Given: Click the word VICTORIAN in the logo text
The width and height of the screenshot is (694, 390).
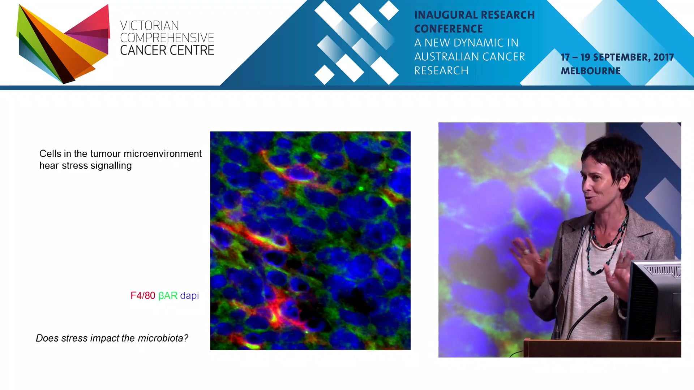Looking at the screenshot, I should pos(149,26).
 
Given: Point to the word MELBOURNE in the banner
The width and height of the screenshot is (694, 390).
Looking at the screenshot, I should pos(590,71).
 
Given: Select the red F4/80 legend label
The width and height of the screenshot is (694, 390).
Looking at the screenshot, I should pos(143,296).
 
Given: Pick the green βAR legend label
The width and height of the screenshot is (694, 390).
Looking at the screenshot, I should pos(168,296).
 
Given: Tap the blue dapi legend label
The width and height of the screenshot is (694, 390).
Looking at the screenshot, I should pos(189,296).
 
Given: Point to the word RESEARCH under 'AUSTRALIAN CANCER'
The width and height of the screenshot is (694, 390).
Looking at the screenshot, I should pos(441,71).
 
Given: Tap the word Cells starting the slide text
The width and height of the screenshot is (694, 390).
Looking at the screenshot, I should pos(50,154).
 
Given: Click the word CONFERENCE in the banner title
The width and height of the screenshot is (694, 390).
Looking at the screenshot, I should pos(449,29).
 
